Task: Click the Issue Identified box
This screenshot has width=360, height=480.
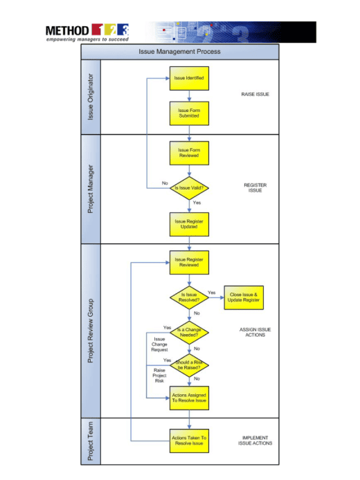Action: (x=188, y=79)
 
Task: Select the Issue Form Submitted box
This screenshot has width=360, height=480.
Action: (x=188, y=113)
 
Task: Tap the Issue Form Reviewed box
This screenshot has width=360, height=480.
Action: (x=188, y=153)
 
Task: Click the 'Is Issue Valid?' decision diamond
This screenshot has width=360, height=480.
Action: (x=188, y=187)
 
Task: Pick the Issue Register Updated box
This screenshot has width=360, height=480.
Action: (x=188, y=223)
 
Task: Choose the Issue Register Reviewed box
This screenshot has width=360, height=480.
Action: (x=188, y=261)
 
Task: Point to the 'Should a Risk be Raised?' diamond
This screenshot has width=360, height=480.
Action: (x=188, y=364)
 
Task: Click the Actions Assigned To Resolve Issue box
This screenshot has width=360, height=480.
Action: (x=188, y=398)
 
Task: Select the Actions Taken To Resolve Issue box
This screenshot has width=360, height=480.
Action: (x=188, y=440)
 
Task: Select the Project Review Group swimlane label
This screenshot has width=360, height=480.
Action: (x=91, y=330)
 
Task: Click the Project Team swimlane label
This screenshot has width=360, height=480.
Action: (x=91, y=441)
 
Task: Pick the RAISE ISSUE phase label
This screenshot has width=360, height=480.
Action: (x=255, y=93)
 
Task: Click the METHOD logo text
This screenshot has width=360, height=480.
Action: (x=67, y=30)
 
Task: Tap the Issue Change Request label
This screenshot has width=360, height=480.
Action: (x=159, y=344)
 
